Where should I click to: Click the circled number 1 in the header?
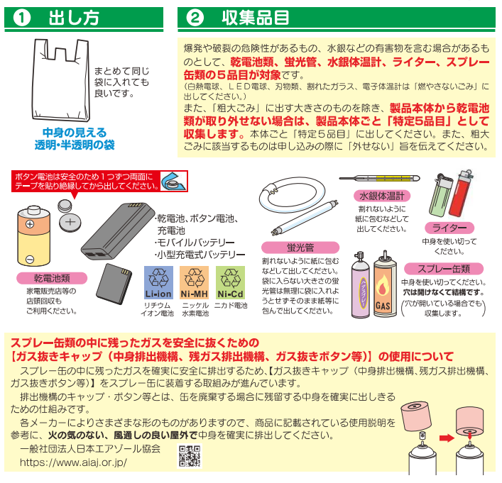[x=22, y=18]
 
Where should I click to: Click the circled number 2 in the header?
[x=195, y=18]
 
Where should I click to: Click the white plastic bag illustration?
[x=61, y=80]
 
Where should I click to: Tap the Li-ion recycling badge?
[x=158, y=283]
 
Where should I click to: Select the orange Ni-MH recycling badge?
[x=195, y=283]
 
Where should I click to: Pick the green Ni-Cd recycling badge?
[x=231, y=283]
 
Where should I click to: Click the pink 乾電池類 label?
[x=52, y=278]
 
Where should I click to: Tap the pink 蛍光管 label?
[x=300, y=248]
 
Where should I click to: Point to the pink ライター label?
[x=449, y=228]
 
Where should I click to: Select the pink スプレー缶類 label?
[x=444, y=269]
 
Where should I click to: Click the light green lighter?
[x=441, y=196]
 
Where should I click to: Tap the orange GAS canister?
[x=385, y=284]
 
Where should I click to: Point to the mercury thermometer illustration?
[x=379, y=178]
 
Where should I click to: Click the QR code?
[x=190, y=456]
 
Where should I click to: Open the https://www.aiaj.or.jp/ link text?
[x=73, y=462]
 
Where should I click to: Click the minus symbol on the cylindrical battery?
[x=30, y=259]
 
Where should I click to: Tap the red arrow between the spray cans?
[x=447, y=438]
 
